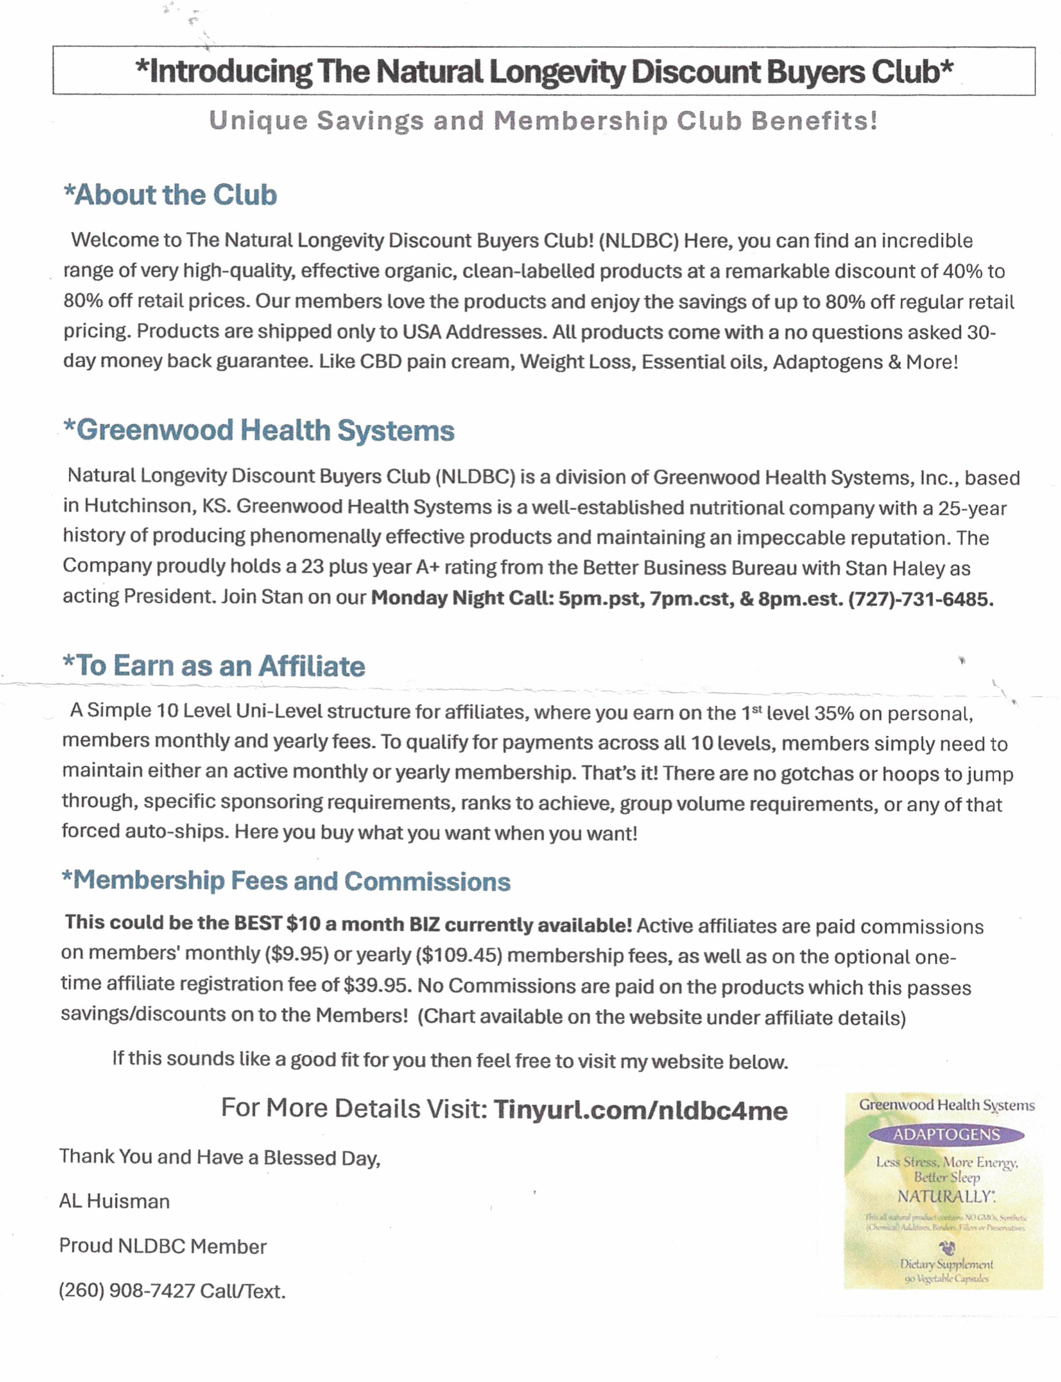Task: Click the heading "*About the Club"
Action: pos(170,195)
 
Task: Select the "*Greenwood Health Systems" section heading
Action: pos(259,431)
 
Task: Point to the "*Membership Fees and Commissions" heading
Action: pos(285,881)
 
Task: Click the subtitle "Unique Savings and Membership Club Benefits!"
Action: pos(543,121)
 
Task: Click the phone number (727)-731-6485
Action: pos(920,599)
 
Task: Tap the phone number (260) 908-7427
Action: pos(126,1291)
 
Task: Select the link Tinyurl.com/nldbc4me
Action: pos(640,1110)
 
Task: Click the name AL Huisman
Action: pos(114,1201)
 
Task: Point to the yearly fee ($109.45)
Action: pos(458,955)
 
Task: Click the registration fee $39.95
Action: pos(376,985)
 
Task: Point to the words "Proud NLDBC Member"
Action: pos(163,1246)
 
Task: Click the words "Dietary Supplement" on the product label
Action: pos(946,1264)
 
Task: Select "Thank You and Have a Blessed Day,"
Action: pos(220,1157)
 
